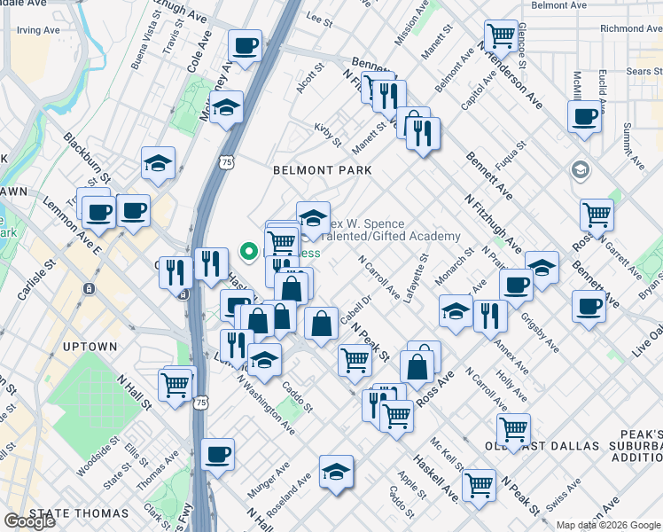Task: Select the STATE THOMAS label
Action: point(79,513)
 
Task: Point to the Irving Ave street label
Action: point(37,30)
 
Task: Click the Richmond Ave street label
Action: point(629,28)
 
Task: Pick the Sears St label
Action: point(643,70)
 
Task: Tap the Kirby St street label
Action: point(328,135)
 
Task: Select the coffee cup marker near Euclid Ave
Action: point(585,115)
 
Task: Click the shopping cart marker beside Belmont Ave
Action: point(502,35)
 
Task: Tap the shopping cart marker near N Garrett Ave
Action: point(597,214)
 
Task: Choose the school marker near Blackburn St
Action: point(158,162)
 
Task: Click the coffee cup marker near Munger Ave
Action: point(217,454)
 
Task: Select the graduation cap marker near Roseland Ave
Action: point(336,472)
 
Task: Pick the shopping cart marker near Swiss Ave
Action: point(479,485)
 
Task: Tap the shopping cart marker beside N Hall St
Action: point(175,385)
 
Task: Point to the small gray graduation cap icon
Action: point(581,169)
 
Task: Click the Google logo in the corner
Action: point(29,521)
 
